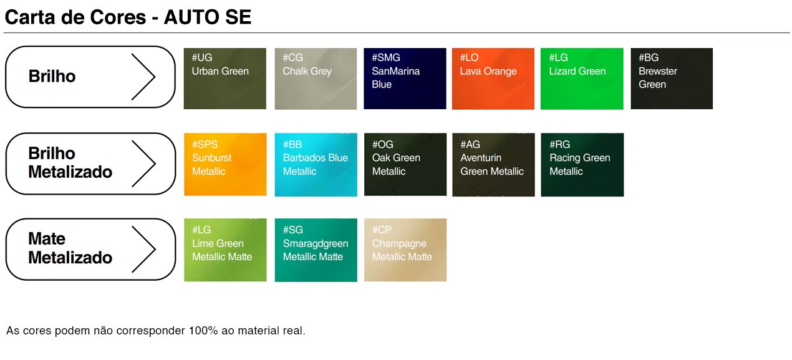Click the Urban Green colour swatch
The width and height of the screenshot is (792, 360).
click(225, 79)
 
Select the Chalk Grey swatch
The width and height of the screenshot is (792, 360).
click(316, 79)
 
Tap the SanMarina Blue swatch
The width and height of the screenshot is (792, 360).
click(405, 79)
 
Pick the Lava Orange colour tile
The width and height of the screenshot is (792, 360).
click(493, 79)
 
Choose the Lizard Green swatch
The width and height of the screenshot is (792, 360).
click(582, 79)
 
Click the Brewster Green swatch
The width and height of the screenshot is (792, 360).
click(672, 79)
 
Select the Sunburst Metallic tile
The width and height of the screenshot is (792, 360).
click(225, 165)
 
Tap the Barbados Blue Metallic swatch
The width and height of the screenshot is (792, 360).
click(316, 165)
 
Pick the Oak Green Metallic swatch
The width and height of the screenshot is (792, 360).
click(405, 165)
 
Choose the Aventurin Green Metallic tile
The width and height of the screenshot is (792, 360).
click(493, 165)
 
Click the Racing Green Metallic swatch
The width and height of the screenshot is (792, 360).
click(582, 165)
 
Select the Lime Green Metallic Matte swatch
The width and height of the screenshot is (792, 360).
click(225, 250)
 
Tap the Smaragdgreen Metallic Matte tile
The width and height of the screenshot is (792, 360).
click(316, 250)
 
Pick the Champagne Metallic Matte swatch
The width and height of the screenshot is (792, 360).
click(405, 250)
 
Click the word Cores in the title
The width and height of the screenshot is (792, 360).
click(118, 17)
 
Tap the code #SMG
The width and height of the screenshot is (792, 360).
click(386, 57)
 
